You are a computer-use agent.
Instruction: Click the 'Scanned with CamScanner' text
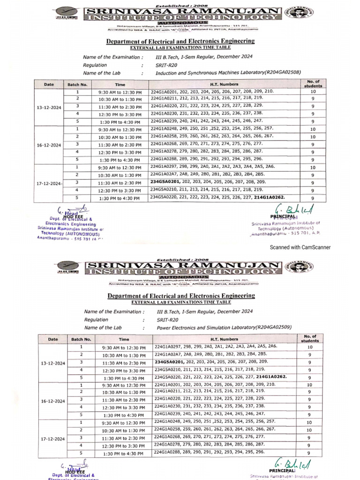coord(300,247)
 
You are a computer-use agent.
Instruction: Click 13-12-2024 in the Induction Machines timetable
coord(49,108)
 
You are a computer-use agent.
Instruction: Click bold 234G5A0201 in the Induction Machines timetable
coord(167,181)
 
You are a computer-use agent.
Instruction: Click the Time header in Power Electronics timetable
coord(124,339)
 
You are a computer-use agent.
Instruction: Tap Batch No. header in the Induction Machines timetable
coord(77,84)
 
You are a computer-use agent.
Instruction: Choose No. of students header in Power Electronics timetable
coord(310,338)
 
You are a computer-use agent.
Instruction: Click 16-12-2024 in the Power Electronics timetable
coord(52,401)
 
